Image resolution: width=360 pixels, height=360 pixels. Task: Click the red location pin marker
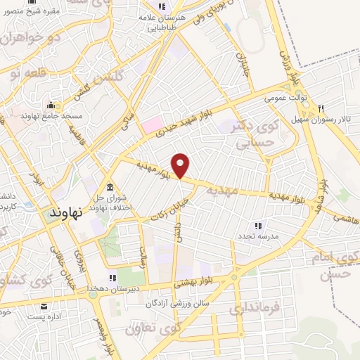click(x=181, y=165)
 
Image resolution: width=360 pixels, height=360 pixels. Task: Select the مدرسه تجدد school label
click(x=257, y=236)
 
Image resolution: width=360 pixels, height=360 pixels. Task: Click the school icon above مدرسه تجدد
click(x=258, y=226)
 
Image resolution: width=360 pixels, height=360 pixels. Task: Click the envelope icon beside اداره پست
click(x=45, y=307)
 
